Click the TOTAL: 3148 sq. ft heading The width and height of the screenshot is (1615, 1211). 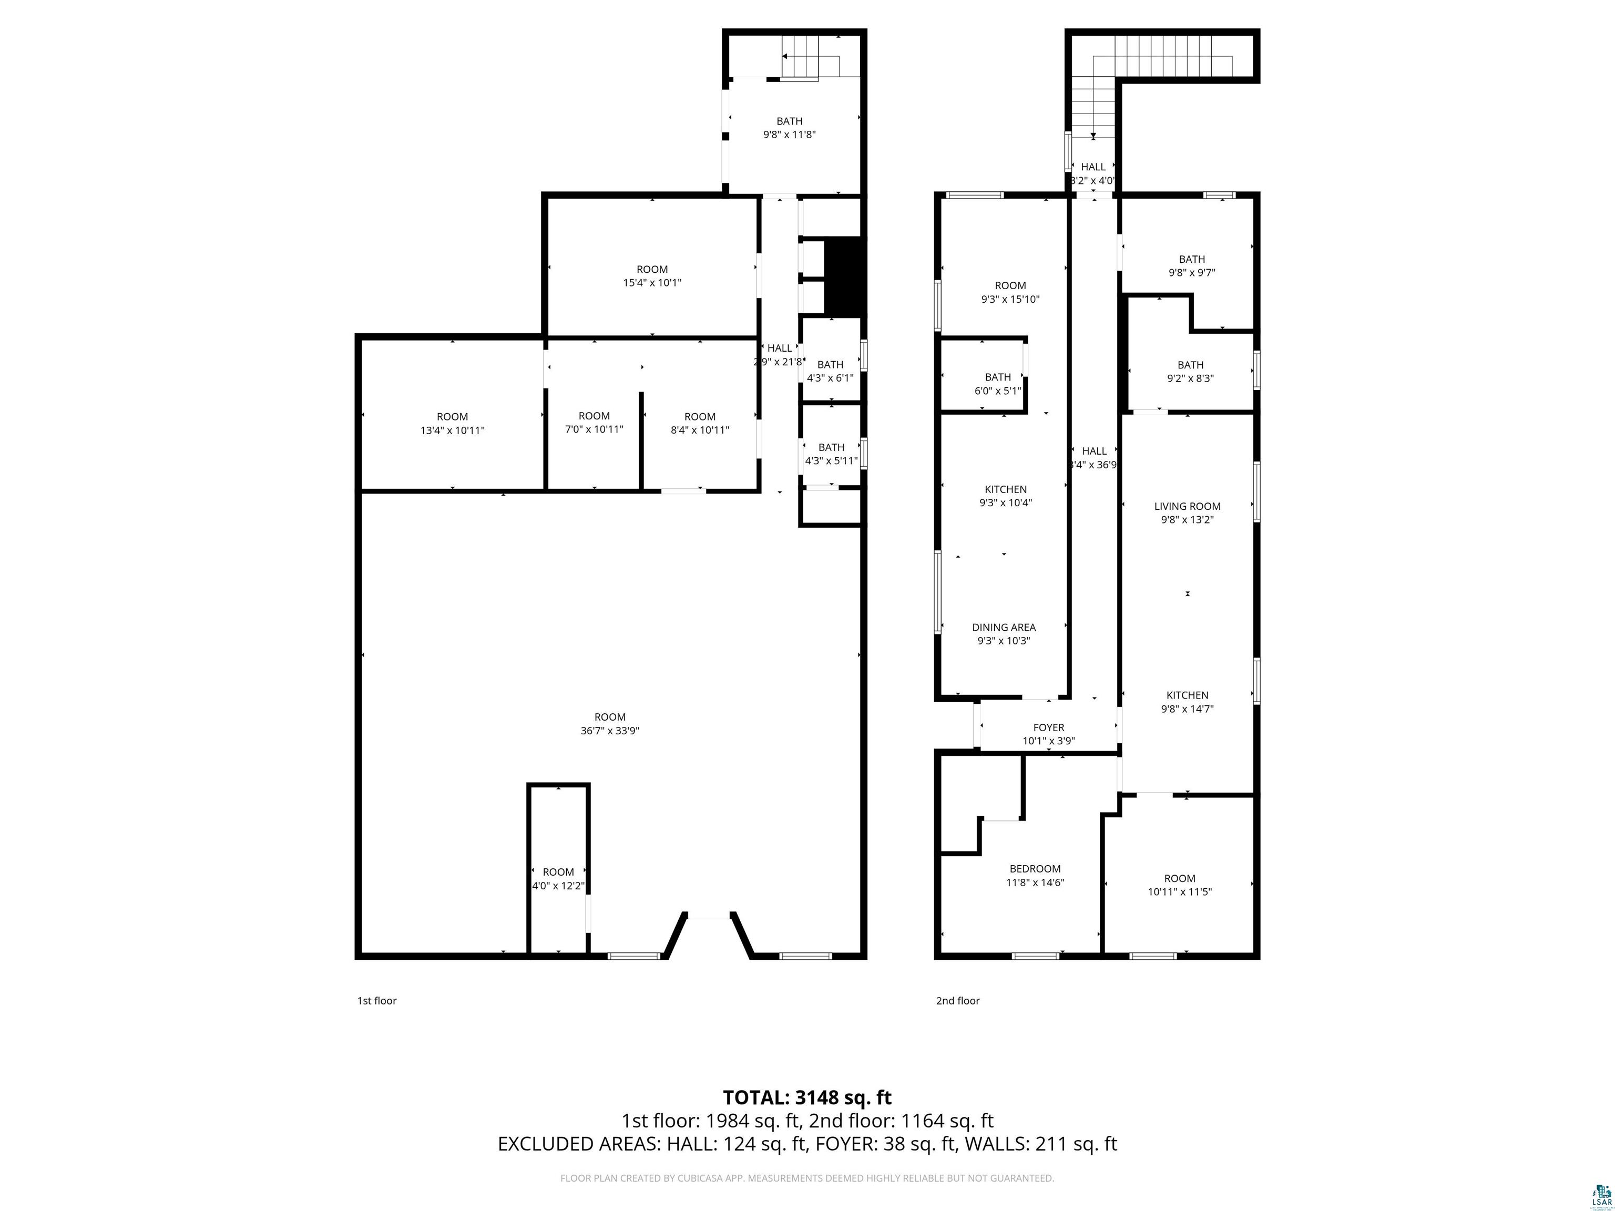tap(807, 1097)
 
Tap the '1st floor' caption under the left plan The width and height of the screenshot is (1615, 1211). tap(377, 1001)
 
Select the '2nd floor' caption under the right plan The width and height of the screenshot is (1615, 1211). tap(957, 1001)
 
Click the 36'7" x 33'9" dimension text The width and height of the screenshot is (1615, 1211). tap(610, 731)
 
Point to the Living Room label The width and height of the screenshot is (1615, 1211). tap(1187, 506)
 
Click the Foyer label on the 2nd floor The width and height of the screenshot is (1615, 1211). tap(1048, 727)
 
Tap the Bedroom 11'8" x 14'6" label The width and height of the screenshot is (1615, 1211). tap(1035, 875)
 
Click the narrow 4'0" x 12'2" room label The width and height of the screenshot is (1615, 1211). tap(558, 879)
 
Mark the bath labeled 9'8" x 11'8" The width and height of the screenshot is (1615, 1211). tap(789, 128)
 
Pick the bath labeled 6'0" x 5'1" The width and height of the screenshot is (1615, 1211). tap(997, 383)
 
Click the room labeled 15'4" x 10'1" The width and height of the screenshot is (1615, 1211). tap(652, 276)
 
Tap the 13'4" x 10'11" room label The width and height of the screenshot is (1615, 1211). tap(452, 423)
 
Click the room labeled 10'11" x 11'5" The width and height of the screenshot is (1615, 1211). tap(1179, 885)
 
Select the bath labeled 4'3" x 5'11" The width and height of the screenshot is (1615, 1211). tap(831, 453)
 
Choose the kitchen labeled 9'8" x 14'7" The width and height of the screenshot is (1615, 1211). tap(1187, 702)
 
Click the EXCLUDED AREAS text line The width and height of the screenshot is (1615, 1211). tap(807, 1144)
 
